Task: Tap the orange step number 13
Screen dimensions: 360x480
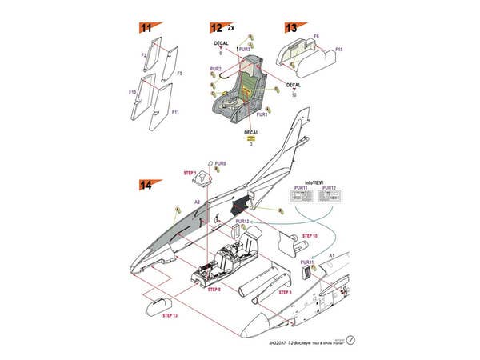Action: point(291,28)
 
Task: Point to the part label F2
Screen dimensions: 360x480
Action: point(144,55)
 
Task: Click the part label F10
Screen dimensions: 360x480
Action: point(132,92)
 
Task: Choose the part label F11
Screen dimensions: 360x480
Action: point(175,113)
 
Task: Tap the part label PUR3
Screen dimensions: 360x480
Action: point(245,50)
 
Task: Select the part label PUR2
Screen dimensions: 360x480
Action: point(215,69)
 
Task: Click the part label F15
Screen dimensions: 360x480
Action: point(339,50)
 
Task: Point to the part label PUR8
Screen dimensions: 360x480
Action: point(220,163)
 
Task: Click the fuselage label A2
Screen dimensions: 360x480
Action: point(198,202)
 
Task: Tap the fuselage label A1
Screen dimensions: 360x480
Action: point(332,253)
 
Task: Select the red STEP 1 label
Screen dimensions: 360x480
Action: point(189,172)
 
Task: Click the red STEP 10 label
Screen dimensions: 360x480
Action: point(310,237)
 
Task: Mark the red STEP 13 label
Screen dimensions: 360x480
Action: point(170,316)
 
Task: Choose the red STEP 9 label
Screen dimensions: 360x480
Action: point(285,293)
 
